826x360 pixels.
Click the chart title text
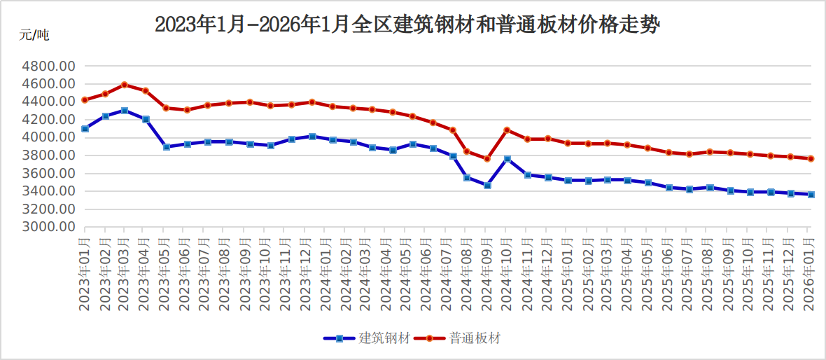click(x=408, y=25)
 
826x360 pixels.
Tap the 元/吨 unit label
click(x=34, y=35)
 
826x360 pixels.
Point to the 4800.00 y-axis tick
click(x=48, y=66)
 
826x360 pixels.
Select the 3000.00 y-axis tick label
click(x=48, y=227)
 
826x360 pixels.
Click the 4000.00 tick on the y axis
click(x=48, y=137)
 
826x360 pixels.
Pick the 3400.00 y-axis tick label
click(x=48, y=191)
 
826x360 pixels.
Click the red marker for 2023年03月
click(x=125, y=85)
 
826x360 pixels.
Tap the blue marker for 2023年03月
click(x=125, y=111)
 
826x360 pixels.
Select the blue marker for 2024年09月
click(x=487, y=186)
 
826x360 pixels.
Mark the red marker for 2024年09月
click(x=487, y=159)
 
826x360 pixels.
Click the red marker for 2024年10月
click(x=507, y=130)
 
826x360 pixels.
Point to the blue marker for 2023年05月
click(x=167, y=147)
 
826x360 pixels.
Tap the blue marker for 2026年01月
click(x=811, y=195)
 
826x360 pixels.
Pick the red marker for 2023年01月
click(x=85, y=100)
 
